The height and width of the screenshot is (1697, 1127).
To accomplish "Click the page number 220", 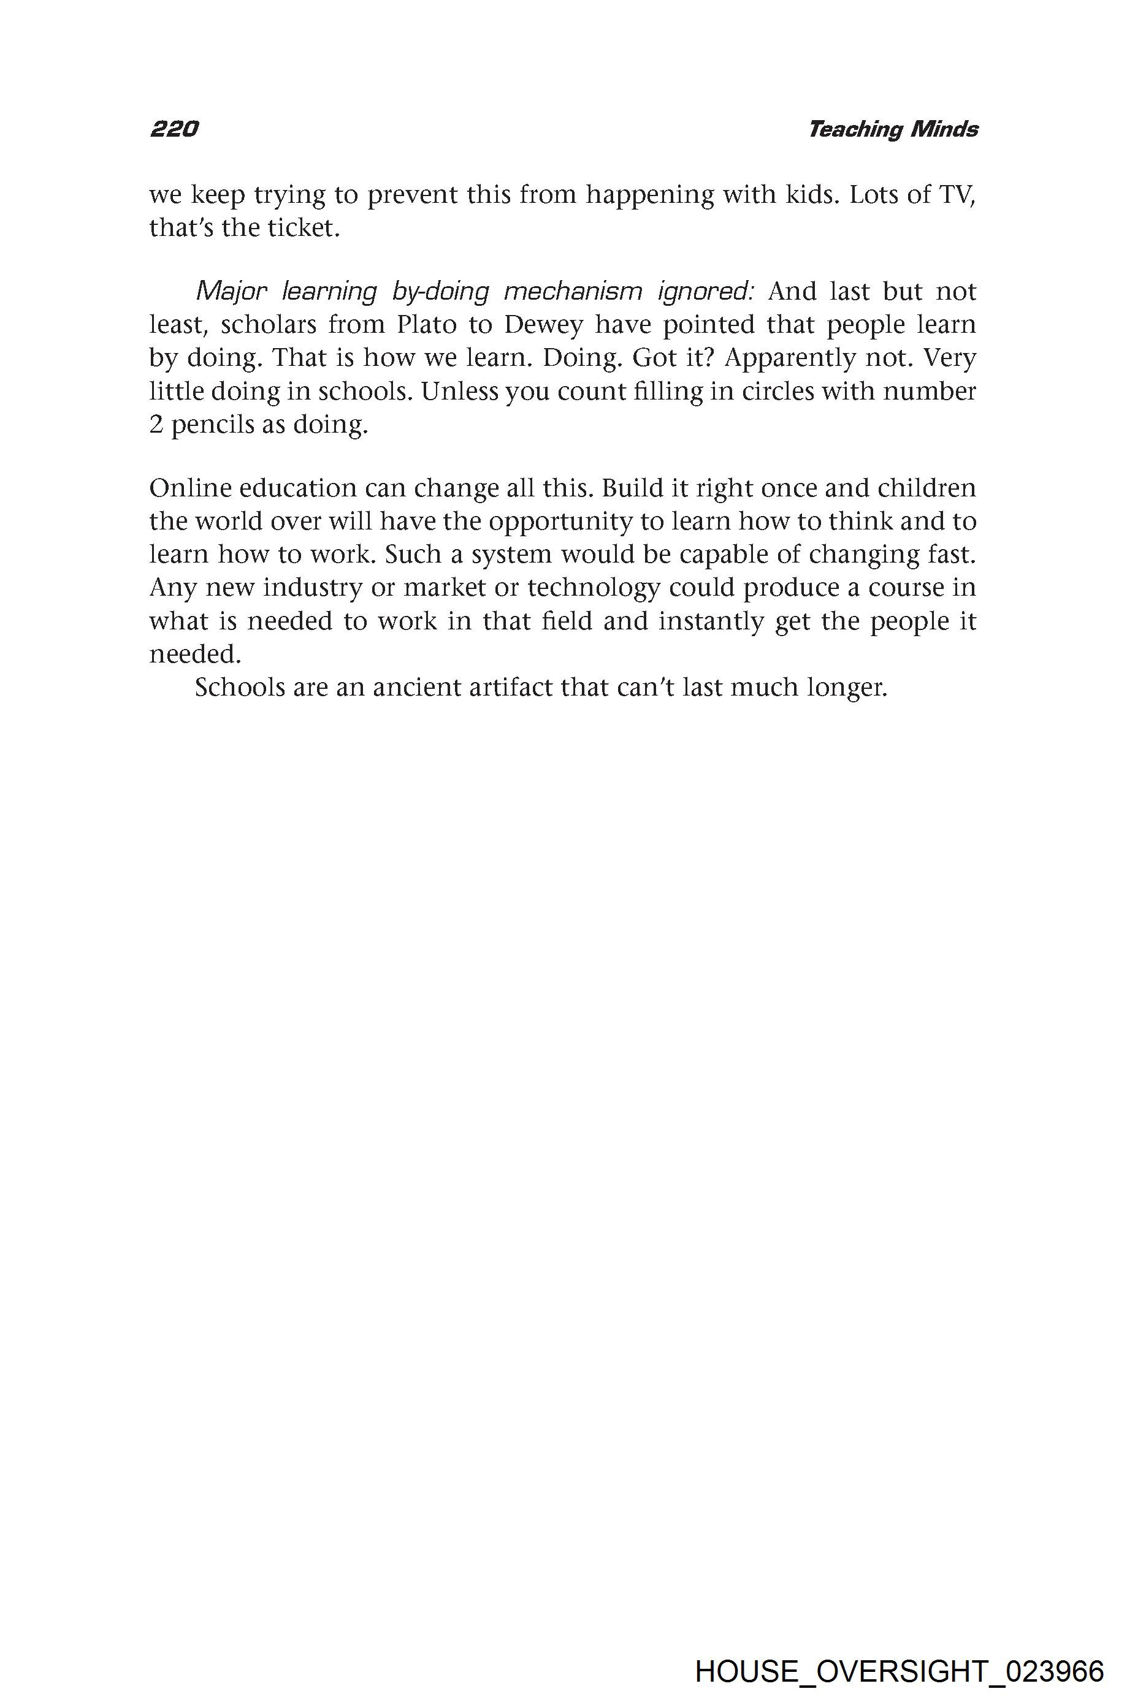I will coord(174,129).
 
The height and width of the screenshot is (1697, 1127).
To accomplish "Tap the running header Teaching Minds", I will coord(893,129).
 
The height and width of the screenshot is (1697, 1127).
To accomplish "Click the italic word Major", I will coord(231,292).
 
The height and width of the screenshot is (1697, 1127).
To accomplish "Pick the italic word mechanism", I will coord(573,292).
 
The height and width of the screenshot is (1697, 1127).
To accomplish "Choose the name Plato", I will coord(427,325).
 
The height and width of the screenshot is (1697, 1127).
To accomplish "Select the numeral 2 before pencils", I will coord(156,425).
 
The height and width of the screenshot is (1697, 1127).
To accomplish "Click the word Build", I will coord(631,488).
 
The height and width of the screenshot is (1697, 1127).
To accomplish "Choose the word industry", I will coord(312,588).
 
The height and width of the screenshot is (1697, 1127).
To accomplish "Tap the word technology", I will coord(594,588).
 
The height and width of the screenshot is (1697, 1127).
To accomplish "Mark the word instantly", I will coord(710,621).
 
